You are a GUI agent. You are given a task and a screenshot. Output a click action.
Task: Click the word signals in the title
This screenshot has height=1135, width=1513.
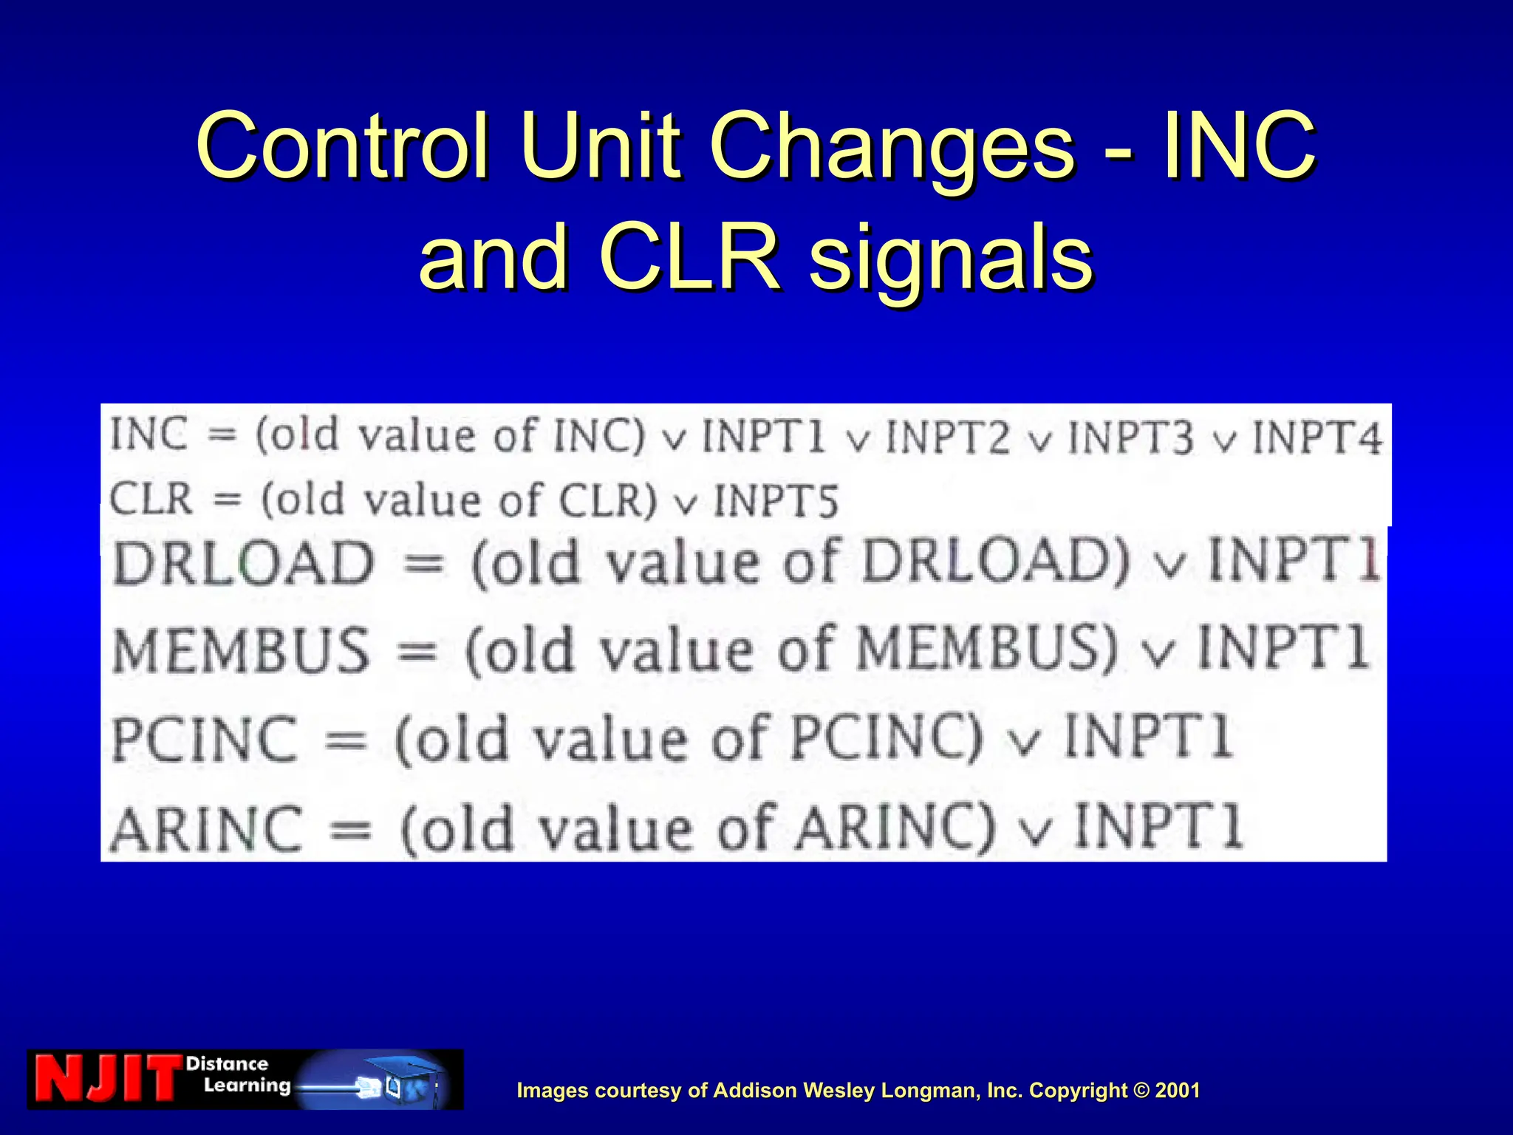[951, 257]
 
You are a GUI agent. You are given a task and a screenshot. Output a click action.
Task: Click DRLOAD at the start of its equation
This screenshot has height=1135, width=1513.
[244, 563]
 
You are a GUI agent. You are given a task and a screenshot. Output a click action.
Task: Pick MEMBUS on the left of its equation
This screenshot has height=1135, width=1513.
[241, 651]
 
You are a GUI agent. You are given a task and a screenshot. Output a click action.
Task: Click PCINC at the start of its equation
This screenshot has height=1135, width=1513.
[205, 739]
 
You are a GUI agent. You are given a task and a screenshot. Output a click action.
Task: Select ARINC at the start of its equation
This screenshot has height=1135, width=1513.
[207, 828]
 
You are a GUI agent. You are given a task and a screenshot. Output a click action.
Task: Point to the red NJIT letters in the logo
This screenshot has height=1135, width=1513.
[107, 1079]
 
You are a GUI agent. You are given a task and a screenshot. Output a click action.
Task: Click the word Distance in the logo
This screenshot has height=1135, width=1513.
[227, 1064]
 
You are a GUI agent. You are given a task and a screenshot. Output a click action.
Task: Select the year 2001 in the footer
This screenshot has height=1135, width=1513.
[1178, 1091]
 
